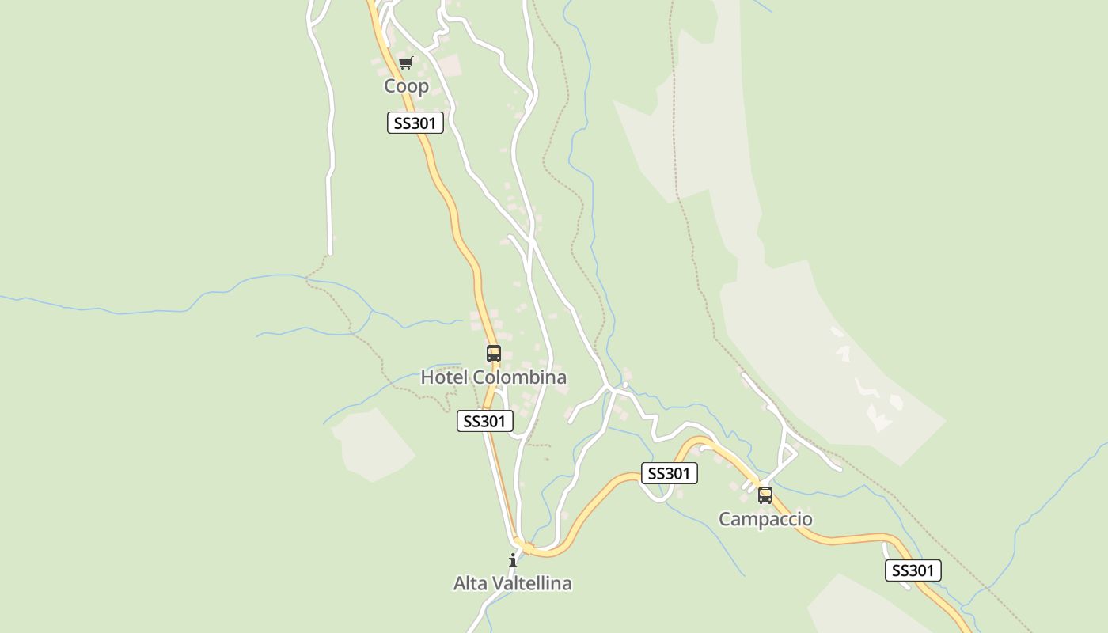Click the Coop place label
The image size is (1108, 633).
pos(406,85)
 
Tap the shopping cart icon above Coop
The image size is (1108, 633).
pos(406,63)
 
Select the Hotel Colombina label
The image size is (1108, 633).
pos(493,377)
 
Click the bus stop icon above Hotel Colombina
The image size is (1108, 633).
pos(493,354)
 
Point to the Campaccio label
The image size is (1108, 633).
pos(765,519)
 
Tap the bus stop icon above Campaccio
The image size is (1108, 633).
pos(765,495)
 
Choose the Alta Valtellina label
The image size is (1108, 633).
pos(512,584)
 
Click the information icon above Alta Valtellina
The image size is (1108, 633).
pos(512,561)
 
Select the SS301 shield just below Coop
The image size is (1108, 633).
pos(415,123)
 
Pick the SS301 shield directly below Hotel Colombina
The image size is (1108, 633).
pos(484,421)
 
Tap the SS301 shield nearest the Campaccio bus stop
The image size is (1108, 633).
pos(669,473)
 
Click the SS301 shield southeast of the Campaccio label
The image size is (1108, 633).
pos(913,570)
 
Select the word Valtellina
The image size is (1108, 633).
pos(532,584)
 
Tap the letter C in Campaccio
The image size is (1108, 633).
pos(725,519)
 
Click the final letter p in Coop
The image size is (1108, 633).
pos(423,87)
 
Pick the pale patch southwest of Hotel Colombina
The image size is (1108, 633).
pos(372,445)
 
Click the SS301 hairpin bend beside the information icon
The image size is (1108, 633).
pos(524,545)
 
